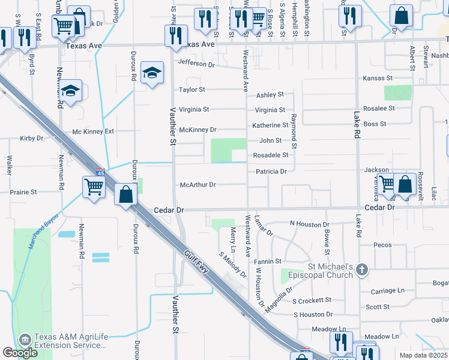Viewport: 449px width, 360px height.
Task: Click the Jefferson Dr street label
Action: click(x=196, y=64)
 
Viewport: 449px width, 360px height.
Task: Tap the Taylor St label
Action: click(x=192, y=90)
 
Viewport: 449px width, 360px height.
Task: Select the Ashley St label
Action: click(x=270, y=95)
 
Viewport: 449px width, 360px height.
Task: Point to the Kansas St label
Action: click(x=378, y=79)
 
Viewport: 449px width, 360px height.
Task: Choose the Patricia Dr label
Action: click(x=271, y=172)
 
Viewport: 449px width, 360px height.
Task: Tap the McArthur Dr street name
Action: click(x=197, y=185)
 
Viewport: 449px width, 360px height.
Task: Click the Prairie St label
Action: click(x=23, y=192)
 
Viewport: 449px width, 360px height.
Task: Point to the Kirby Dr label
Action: click(x=32, y=138)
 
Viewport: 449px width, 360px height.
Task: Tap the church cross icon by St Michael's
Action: click(x=361, y=269)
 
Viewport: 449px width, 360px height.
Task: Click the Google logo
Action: click(x=20, y=353)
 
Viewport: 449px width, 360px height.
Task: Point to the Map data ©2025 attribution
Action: click(x=423, y=355)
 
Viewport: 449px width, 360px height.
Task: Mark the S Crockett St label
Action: click(x=312, y=300)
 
